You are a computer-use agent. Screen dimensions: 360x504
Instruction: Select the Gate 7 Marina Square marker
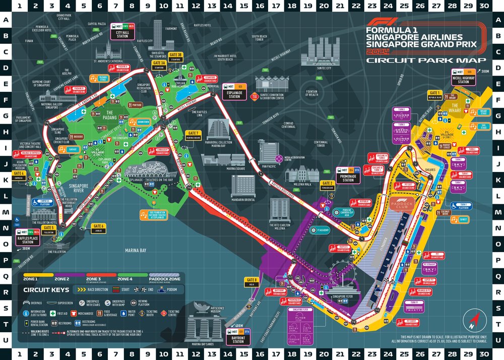click(x=194, y=134)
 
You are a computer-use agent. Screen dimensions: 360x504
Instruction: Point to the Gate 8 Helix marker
click(x=251, y=281)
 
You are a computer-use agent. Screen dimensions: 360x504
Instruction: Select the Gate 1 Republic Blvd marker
click(x=435, y=94)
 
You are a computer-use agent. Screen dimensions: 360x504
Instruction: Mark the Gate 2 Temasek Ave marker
click(x=328, y=185)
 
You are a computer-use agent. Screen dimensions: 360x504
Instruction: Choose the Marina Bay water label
click(x=136, y=250)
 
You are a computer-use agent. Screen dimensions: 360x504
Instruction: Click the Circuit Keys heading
click(x=46, y=290)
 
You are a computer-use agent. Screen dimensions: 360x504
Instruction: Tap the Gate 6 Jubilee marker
click(x=98, y=227)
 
